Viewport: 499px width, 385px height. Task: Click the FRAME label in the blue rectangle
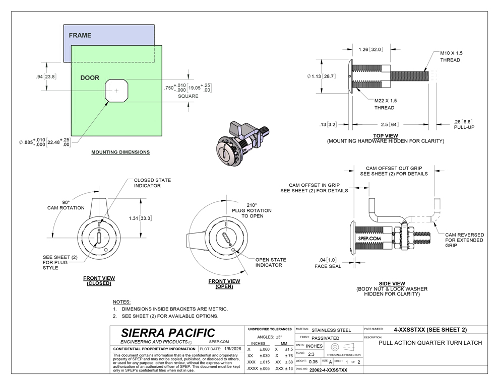click(x=80, y=35)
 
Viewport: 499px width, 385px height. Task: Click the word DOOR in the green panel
click(x=90, y=78)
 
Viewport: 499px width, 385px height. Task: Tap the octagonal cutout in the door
click(x=116, y=91)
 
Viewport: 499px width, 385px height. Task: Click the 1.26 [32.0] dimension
click(x=370, y=49)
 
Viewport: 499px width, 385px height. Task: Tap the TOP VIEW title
click(x=385, y=136)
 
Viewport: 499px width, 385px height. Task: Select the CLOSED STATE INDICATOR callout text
click(x=152, y=183)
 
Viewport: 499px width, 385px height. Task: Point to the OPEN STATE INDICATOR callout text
click(x=270, y=262)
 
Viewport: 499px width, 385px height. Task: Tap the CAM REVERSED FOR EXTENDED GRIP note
click(x=464, y=240)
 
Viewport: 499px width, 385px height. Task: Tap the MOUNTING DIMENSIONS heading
click(x=120, y=151)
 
